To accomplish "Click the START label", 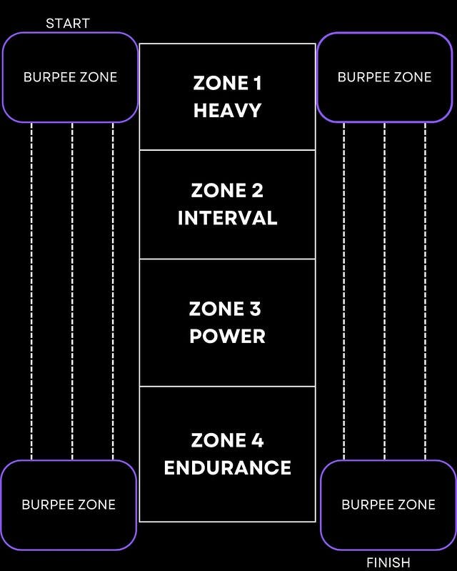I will [x=68, y=24].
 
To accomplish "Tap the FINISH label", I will [x=388, y=562].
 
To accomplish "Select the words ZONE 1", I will [x=227, y=84].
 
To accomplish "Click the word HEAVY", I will [x=227, y=111].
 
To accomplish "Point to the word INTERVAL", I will [x=227, y=218].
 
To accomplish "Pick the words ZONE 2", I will [x=227, y=191].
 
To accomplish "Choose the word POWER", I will [x=227, y=336].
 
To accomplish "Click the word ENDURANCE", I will [x=227, y=468].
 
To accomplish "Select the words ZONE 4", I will [x=227, y=440].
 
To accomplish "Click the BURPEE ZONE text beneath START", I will [x=70, y=77].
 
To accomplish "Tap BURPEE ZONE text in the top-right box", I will [x=384, y=76].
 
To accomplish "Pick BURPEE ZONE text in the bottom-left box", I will [x=69, y=505].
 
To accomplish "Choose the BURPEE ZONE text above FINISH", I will [x=388, y=505].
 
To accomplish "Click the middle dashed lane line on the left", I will [x=72, y=286].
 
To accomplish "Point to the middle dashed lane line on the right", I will [x=385, y=286].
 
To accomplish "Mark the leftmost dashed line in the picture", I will [x=31, y=286].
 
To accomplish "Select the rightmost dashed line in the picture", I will [x=426, y=286].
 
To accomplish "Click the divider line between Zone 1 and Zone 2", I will [x=227, y=150].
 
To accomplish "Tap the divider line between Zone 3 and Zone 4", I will [x=227, y=387].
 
